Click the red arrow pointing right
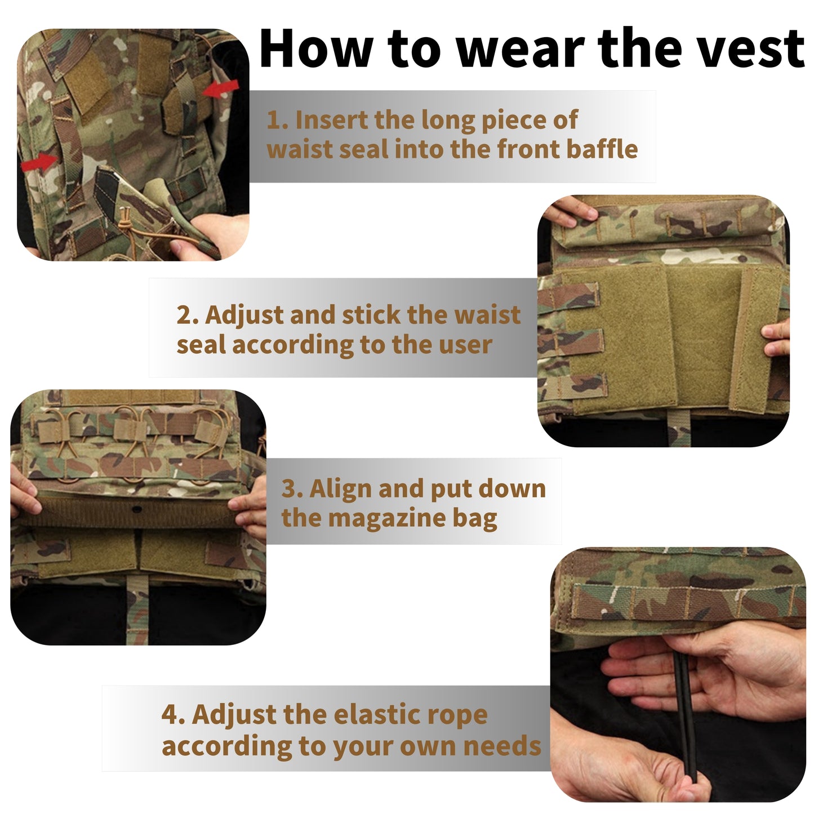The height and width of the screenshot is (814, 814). [x=39, y=163]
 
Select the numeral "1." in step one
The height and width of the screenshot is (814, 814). [x=278, y=121]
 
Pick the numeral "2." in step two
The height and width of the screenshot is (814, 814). [x=188, y=315]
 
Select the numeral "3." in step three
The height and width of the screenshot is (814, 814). [x=292, y=489]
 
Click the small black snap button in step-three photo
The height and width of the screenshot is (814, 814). [x=136, y=510]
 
